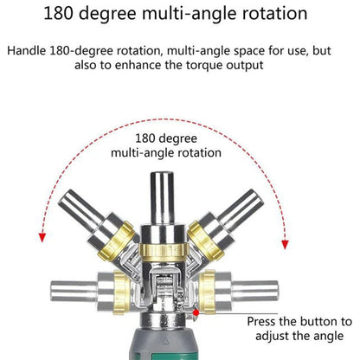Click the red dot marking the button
pyautogui.click(x=196, y=312)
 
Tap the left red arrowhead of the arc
pyautogui.click(x=42, y=237)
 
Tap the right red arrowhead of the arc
pyautogui.click(x=285, y=244)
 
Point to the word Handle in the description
pyautogui.click(x=26, y=50)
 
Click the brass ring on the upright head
pyautogui.click(x=164, y=253)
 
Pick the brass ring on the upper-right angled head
pyautogui.click(x=205, y=240)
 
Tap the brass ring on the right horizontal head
pyautogui.click(x=208, y=292)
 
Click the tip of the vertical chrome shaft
pyautogui.click(x=162, y=174)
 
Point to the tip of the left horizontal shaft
pyautogui.click(x=52, y=292)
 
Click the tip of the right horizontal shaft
pyautogui.click(x=277, y=292)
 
